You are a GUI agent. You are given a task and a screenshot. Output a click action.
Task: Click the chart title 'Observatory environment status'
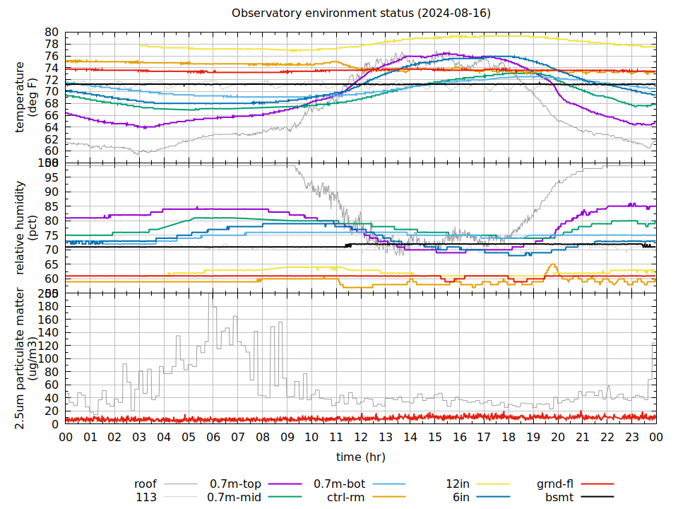[361, 13]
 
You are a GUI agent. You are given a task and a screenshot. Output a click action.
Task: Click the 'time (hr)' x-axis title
[361, 457]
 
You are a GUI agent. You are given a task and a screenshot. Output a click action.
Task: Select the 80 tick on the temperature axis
[52, 32]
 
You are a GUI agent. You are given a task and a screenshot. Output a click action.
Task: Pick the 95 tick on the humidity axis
[52, 177]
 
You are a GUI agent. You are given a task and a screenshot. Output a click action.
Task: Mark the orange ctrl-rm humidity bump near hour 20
[552, 266]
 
